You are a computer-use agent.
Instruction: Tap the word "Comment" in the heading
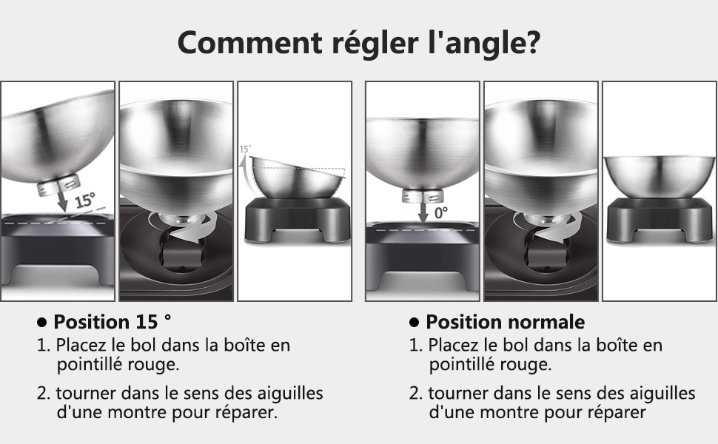[250, 42]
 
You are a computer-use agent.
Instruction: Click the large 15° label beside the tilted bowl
[84, 201]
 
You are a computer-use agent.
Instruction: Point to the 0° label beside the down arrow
[441, 212]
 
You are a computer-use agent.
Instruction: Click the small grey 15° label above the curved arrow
[246, 149]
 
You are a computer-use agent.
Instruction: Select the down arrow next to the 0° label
[423, 212]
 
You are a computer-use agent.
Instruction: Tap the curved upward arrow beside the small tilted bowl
[247, 176]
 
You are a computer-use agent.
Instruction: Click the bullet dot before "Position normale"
[414, 322]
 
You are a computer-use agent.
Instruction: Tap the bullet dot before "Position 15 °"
[41, 322]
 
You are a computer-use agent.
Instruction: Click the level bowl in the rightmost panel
[660, 176]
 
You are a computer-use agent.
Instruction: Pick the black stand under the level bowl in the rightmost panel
[660, 220]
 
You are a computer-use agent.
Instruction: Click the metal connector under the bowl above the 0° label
[423, 195]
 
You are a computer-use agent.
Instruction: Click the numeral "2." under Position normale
[416, 393]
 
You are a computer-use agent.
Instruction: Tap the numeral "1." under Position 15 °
[43, 345]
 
